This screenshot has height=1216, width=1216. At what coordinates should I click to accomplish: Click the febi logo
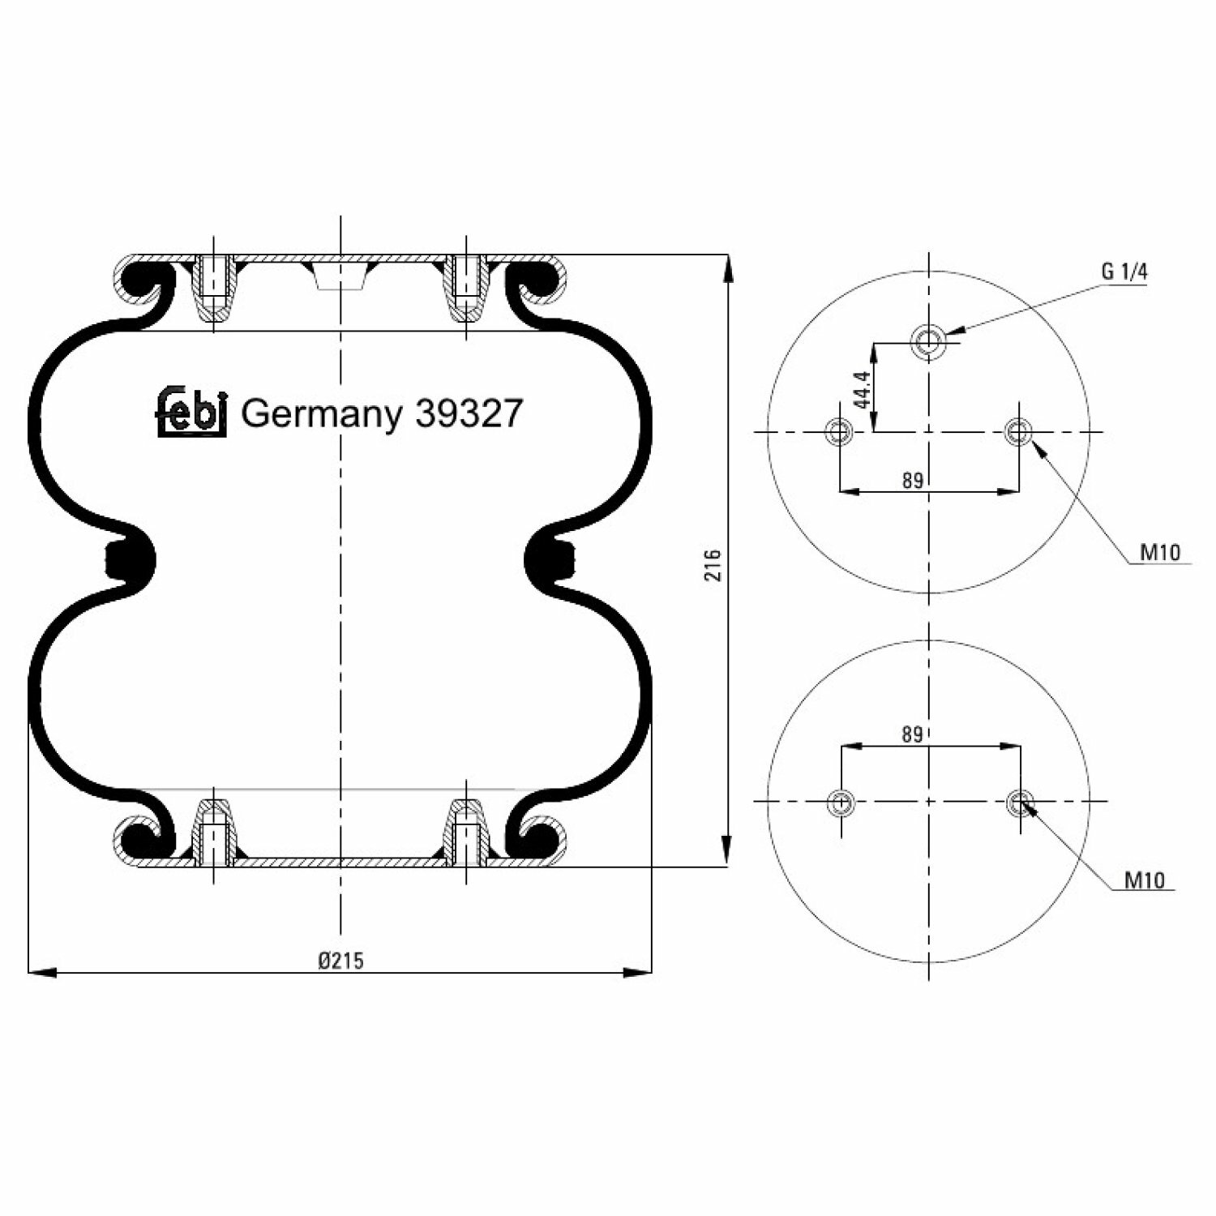tap(191, 412)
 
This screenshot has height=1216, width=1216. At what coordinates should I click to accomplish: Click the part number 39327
tap(469, 414)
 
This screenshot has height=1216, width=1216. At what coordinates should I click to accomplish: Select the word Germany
tap(321, 415)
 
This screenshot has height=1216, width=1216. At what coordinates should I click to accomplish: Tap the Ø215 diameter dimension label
tap(340, 961)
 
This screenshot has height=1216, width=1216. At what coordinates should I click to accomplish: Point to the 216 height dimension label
tap(713, 565)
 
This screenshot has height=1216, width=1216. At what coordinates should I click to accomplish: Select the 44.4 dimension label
tap(862, 389)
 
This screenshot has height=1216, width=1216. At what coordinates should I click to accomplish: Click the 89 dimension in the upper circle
tap(913, 481)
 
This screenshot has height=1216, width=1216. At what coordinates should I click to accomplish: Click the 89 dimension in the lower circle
tap(913, 734)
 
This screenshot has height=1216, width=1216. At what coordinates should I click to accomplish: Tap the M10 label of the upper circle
tap(1160, 553)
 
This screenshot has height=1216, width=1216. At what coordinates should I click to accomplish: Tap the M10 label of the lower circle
tap(1144, 880)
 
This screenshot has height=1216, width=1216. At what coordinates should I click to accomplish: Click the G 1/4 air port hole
tap(928, 341)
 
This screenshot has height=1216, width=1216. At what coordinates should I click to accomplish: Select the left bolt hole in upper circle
tap(839, 430)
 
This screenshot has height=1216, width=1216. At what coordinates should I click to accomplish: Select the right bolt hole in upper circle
tap(1018, 430)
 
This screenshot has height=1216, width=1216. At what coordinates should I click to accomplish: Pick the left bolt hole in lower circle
tap(841, 803)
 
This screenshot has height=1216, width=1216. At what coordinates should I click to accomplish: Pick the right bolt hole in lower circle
tap(1021, 803)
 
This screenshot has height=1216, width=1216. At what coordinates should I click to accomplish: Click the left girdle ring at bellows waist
tap(128, 559)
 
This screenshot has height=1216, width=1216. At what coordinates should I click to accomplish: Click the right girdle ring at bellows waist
tap(551, 559)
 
